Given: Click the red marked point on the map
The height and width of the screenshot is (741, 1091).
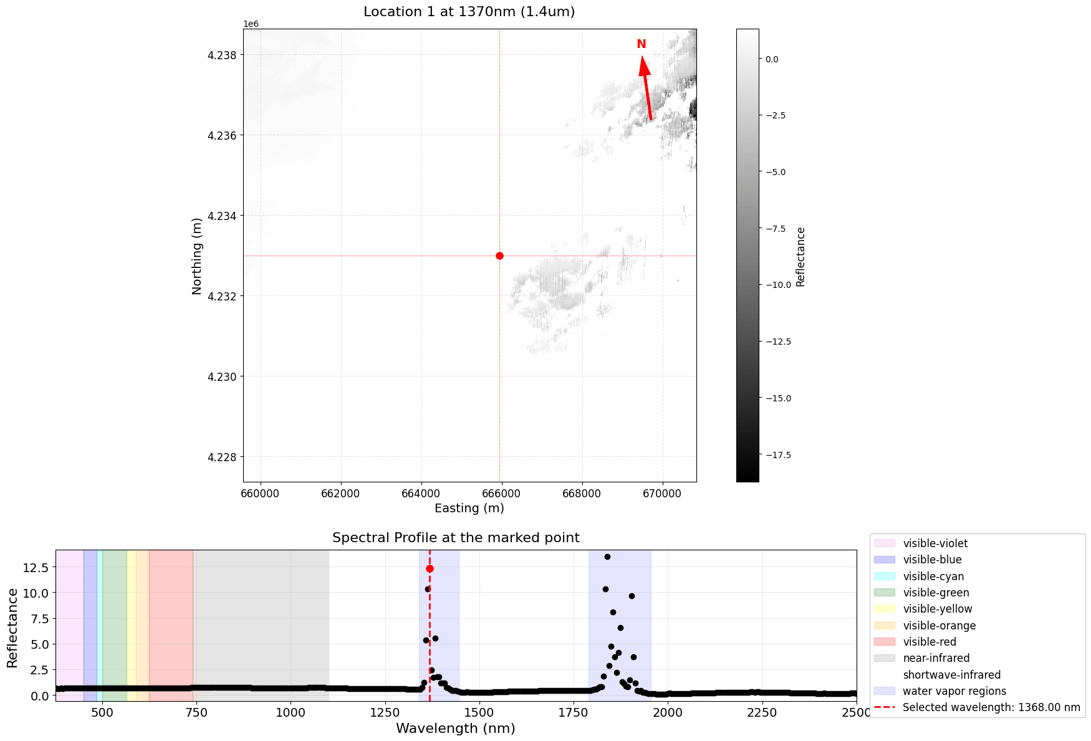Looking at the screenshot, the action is pyautogui.click(x=499, y=256).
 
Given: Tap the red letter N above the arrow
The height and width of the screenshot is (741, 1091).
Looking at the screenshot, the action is pyautogui.click(x=641, y=44).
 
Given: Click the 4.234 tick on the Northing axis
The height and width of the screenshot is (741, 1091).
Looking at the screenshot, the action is pyautogui.click(x=223, y=216).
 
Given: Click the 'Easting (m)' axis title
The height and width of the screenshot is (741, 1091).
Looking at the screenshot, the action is pyautogui.click(x=469, y=508).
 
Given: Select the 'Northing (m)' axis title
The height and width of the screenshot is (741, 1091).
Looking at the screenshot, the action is pyautogui.click(x=197, y=256).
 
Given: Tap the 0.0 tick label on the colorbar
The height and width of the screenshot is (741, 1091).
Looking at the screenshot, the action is pyautogui.click(x=772, y=59).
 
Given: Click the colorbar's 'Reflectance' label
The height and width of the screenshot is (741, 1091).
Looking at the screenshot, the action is pyautogui.click(x=801, y=256).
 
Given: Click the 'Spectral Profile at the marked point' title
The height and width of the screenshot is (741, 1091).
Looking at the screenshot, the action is pyautogui.click(x=456, y=538).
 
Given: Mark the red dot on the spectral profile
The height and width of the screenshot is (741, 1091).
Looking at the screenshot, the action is pyautogui.click(x=430, y=568).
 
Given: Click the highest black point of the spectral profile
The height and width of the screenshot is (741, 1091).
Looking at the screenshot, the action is pyautogui.click(x=607, y=557).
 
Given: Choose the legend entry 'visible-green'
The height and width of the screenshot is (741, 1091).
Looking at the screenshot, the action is pyautogui.click(x=936, y=593).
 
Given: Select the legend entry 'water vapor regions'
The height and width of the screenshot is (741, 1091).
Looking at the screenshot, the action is pyautogui.click(x=954, y=691).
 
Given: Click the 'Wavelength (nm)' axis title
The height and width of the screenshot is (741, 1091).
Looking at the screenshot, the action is pyautogui.click(x=456, y=728).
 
